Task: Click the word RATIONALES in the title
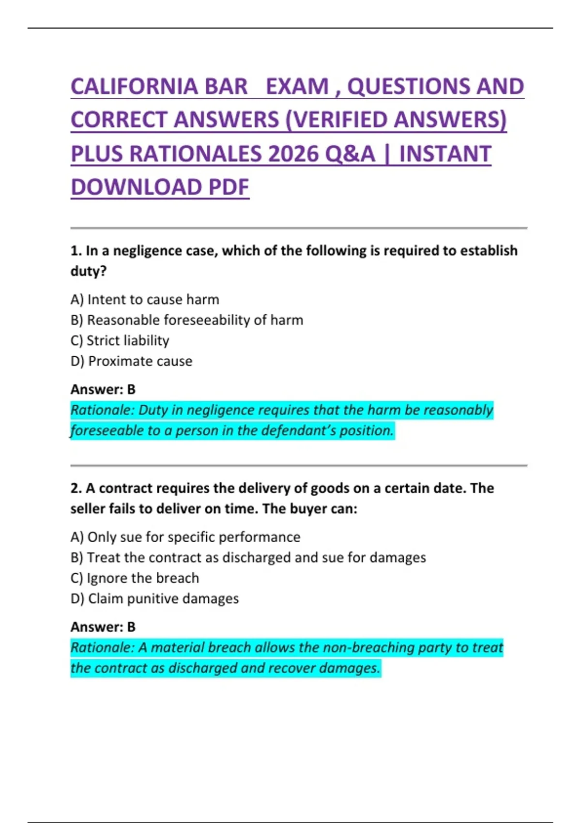[x=197, y=154]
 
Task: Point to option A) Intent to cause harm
[x=144, y=300]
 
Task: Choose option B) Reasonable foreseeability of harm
[x=186, y=320]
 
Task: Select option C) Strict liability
[x=120, y=341]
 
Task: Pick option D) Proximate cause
[x=131, y=361]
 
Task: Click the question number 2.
[x=76, y=488]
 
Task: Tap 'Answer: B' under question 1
[x=103, y=389]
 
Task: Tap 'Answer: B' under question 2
[x=103, y=627]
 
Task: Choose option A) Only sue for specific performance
[x=185, y=537]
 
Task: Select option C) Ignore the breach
[x=135, y=578]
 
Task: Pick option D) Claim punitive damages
[x=154, y=599]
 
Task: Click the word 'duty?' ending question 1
[x=88, y=271]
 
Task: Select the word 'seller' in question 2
[x=88, y=509]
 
